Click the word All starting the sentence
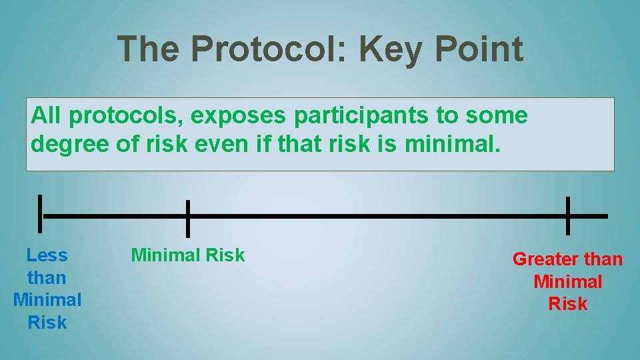point(46,116)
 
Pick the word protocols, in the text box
point(127,116)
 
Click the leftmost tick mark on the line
point(41,215)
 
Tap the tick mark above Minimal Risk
point(188,218)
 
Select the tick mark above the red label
point(567,215)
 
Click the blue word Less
point(47,255)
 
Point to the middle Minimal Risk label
point(188,255)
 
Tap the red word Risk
point(567,304)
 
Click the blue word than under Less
point(47,277)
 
